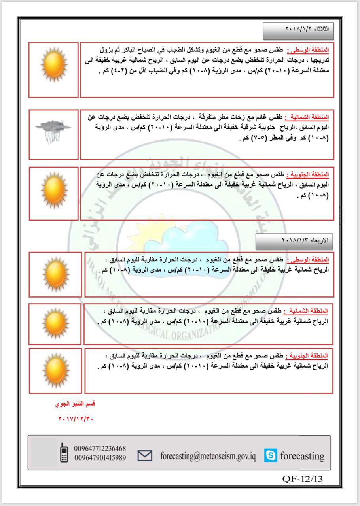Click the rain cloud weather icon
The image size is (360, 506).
click(53, 130)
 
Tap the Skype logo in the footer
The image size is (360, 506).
click(271, 456)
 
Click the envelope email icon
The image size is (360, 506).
click(145, 456)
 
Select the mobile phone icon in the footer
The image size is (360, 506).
click(63, 453)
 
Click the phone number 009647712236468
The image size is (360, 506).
click(100, 448)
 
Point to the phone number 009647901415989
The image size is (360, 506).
click(100, 457)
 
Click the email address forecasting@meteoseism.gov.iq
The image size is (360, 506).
click(208, 456)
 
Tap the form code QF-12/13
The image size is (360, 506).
click(303, 479)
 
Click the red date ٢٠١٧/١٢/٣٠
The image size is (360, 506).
click(75, 418)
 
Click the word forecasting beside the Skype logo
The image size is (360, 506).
click(302, 456)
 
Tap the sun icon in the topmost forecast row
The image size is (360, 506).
click(53, 64)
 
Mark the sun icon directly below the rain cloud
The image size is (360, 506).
click(54, 193)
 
